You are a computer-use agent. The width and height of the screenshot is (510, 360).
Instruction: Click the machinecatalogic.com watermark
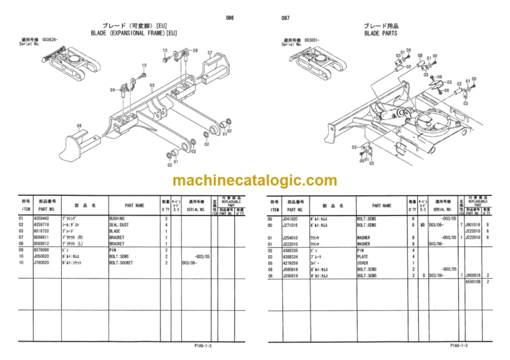(254, 181)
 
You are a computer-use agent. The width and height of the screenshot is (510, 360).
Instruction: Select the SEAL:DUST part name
(120, 224)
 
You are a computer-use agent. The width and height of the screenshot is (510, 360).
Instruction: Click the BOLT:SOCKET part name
(124, 262)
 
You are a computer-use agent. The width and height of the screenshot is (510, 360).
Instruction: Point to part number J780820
(50, 262)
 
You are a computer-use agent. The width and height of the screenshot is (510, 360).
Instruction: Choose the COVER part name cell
(365, 262)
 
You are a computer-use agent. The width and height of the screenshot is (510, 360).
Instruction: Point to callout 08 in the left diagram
(78, 125)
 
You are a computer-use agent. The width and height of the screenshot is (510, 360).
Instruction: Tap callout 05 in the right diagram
(450, 82)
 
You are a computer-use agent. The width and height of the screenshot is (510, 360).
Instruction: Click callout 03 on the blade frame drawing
(151, 85)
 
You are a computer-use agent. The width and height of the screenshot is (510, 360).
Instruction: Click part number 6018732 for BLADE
(50, 230)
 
